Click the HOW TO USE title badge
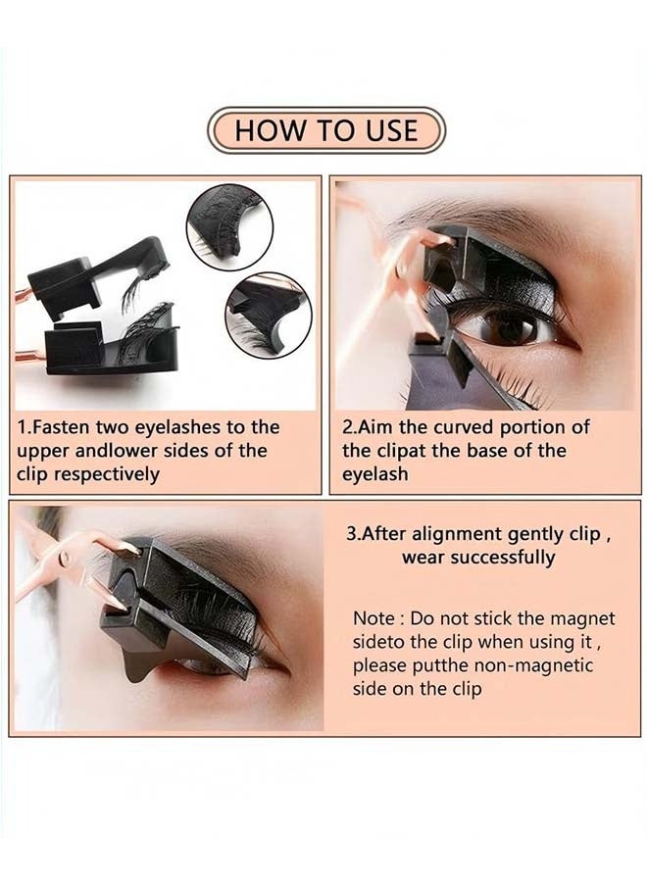(326, 130)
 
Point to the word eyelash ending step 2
(375, 474)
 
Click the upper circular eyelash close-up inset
(229, 227)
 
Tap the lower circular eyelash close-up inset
(269, 318)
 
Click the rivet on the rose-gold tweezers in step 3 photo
(66, 558)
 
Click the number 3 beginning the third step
(351, 534)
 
